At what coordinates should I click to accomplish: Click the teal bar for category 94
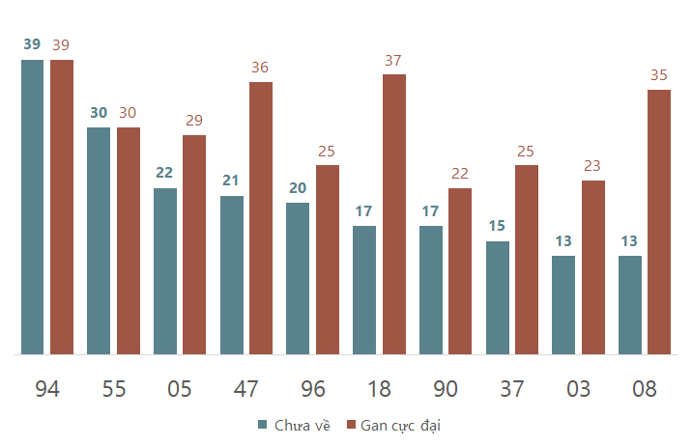32,207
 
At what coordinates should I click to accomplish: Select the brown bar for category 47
261,218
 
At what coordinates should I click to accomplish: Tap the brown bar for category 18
394,214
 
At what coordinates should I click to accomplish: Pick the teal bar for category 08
630,305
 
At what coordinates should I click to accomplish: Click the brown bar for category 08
659,222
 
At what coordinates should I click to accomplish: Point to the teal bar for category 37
498,297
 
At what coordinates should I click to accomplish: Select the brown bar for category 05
194,244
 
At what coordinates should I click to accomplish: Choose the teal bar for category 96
298,279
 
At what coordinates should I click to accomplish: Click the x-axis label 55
114,389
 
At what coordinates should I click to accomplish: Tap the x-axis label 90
446,389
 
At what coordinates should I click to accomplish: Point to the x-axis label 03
578,389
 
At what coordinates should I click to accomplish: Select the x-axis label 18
379,389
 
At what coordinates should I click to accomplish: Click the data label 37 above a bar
392,60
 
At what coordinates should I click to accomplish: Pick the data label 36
260,67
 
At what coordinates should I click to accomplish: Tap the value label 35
658,75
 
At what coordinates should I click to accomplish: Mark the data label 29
193,121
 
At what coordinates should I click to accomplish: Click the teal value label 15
497,226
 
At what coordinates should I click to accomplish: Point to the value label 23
591,166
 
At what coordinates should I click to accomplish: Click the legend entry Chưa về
294,426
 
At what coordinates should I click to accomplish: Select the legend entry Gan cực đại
393,426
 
